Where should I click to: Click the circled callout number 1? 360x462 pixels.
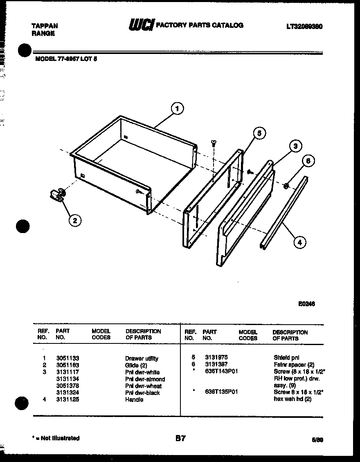coord(177,109)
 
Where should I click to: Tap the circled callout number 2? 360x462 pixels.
coord(74,220)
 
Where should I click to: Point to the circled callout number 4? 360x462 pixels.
coord(299,242)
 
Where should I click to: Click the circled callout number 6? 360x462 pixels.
coord(308,161)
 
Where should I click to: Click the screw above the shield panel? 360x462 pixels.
coord(214,142)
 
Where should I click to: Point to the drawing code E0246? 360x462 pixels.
coord(306,304)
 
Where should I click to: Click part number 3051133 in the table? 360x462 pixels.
coord(67,358)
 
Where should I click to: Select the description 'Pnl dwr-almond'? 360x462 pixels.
coord(145,379)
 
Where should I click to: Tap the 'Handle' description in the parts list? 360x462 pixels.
coord(134,399)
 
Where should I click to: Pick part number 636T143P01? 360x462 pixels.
coord(221,371)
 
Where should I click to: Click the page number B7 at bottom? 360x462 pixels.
coord(180,438)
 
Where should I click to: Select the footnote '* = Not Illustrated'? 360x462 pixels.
coord(56,438)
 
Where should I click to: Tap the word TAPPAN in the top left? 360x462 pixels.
coord(45,26)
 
